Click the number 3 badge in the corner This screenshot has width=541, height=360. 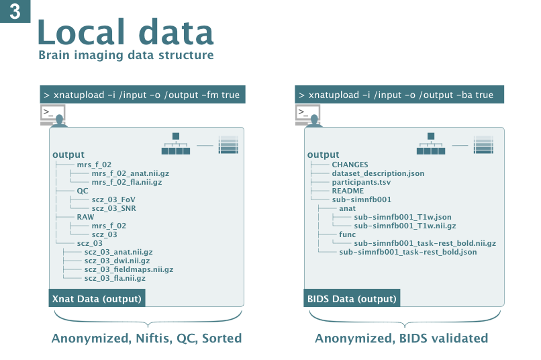(x=15, y=11)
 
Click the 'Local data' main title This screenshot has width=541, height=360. (x=126, y=32)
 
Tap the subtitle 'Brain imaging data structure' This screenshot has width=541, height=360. (x=126, y=55)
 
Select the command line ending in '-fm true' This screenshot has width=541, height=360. (x=142, y=95)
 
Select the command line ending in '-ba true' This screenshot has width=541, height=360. (x=399, y=95)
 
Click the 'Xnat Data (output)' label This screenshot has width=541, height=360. (x=97, y=298)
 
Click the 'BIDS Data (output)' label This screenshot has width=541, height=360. (x=352, y=298)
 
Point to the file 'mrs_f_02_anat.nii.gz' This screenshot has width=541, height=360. (x=130, y=173)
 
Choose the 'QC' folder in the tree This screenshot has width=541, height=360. (x=83, y=191)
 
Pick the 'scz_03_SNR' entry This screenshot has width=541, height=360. (x=114, y=208)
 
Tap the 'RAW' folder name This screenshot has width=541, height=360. (x=85, y=217)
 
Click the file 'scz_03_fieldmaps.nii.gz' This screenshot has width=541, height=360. (x=129, y=269)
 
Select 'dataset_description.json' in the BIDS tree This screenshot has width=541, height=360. (x=378, y=173)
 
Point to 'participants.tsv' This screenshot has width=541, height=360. (x=361, y=182)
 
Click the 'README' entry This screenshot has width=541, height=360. (x=348, y=191)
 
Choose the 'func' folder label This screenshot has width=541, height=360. (x=347, y=234)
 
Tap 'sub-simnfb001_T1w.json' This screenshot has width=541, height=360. (x=403, y=217)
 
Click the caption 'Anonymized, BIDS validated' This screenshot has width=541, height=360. (x=401, y=339)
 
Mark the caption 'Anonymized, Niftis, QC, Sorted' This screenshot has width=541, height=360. (x=146, y=339)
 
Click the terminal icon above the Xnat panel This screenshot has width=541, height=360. (x=54, y=116)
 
